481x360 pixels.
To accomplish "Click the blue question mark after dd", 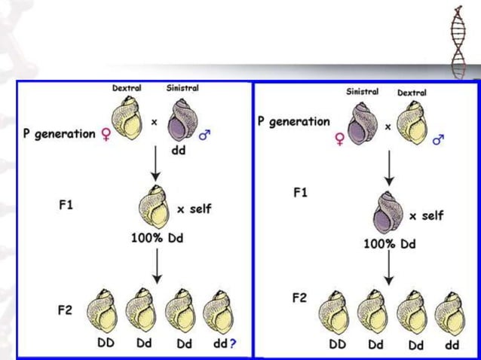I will click(235, 343).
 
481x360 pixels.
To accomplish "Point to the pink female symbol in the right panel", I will click(339, 139).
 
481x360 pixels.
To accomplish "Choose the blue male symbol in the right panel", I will click(438, 139).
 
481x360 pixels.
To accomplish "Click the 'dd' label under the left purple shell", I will click(179, 150).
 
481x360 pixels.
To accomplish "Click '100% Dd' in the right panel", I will click(390, 245).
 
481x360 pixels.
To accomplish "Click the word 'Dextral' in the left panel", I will click(127, 89).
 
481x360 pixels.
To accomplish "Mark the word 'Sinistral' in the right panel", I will click(363, 91).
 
